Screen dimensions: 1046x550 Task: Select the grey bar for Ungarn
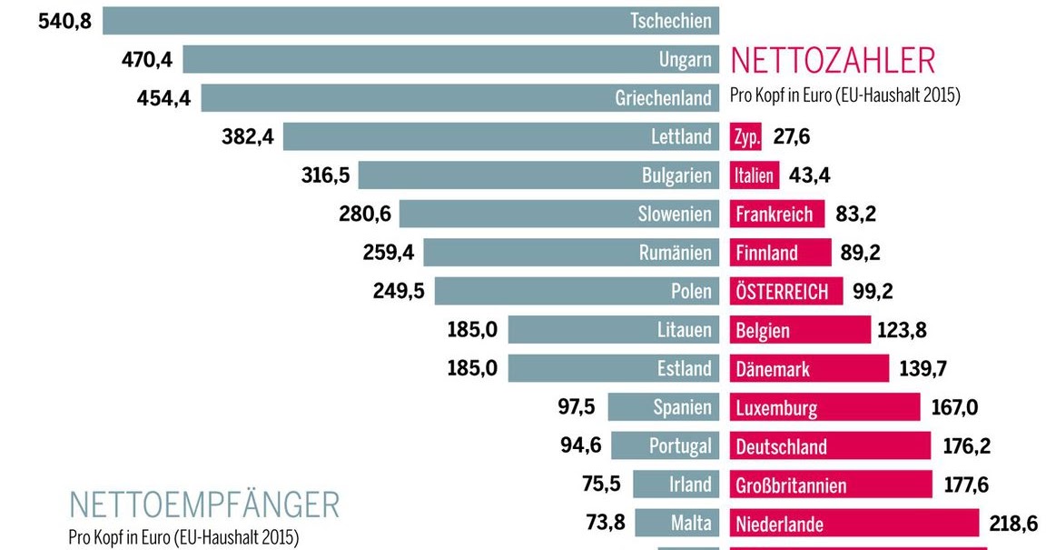418,60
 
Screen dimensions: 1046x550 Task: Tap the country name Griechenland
663,98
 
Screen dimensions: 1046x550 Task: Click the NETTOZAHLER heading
832,61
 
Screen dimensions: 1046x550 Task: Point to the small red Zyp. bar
745,137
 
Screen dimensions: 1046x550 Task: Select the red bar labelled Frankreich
776,215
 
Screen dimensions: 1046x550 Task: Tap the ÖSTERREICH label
782,292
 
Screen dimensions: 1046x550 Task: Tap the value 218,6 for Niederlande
1013,524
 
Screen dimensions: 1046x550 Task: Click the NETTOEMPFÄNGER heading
204,505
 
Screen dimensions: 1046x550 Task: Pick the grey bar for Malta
676,524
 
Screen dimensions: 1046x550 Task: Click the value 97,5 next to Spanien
576,407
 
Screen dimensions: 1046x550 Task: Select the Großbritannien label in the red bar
791,485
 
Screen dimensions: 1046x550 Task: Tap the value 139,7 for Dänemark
923,369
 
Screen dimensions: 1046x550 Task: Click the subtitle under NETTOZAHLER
844,95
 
